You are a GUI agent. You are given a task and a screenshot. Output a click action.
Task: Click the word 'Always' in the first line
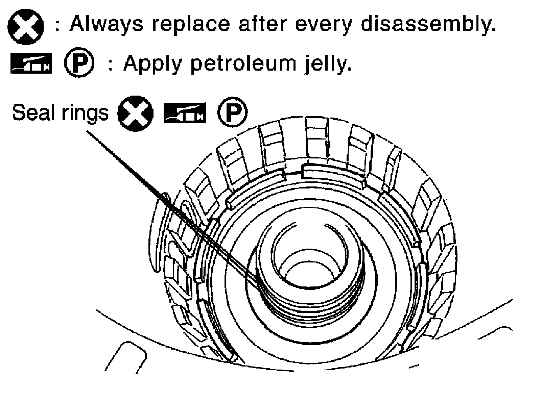(x=106, y=24)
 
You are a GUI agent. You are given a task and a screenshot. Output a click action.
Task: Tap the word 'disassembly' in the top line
(x=427, y=24)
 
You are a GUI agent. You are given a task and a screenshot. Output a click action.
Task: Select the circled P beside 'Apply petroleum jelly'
(x=79, y=64)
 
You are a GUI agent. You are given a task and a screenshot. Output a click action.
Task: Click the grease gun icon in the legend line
(x=31, y=64)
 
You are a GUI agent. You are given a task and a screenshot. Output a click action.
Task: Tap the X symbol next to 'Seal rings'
(x=135, y=113)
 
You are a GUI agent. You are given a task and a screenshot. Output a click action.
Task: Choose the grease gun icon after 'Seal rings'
(x=185, y=113)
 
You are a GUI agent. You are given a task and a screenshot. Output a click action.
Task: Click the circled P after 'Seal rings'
(x=232, y=113)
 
